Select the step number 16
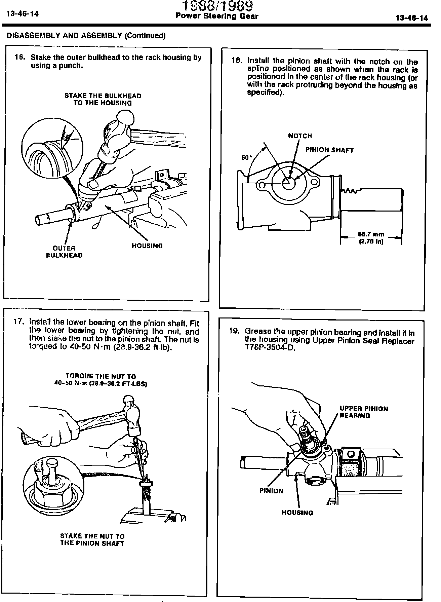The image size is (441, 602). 20,57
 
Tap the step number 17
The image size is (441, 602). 19,321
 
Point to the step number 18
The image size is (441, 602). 237,61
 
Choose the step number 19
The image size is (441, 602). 234,331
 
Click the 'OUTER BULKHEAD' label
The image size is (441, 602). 64,252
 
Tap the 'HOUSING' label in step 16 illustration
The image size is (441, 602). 147,246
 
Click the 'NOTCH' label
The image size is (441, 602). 300,136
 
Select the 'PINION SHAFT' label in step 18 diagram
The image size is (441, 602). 329,150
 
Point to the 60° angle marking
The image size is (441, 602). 246,157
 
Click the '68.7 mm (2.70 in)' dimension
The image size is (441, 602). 371,238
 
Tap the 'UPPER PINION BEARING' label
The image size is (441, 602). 364,412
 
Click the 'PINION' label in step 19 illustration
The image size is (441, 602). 271,491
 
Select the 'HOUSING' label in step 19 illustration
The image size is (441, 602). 297,513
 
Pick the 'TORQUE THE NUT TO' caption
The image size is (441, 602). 101,376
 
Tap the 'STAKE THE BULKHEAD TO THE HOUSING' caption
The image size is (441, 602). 103,99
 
